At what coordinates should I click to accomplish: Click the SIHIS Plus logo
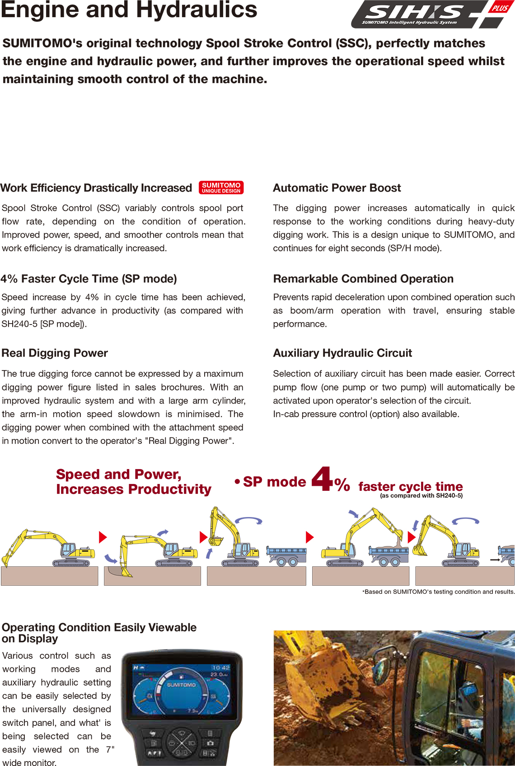(429, 14)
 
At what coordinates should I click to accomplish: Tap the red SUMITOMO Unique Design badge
(221, 188)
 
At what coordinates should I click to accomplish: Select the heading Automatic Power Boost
(337, 188)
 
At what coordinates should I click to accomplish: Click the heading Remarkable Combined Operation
(363, 279)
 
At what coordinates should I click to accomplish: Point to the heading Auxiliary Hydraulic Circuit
(342, 353)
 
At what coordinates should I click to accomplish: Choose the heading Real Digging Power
(55, 353)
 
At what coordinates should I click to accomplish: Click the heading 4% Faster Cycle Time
(89, 279)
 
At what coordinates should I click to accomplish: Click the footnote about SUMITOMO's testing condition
(438, 592)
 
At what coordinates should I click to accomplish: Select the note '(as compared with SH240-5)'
(421, 496)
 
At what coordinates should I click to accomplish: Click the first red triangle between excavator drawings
(103, 537)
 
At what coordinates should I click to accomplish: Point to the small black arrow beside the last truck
(495, 560)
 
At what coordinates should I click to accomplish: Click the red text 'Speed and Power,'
(118, 474)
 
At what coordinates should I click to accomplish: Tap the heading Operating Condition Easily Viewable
(99, 628)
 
